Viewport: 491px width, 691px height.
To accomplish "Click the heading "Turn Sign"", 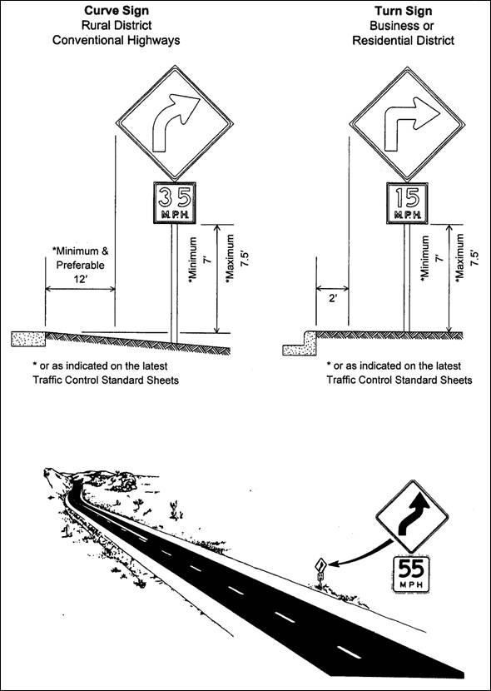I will pos(405,11).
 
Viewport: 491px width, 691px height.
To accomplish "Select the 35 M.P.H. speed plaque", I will pos(172,201).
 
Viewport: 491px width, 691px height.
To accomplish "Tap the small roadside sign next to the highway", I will pos(318,570).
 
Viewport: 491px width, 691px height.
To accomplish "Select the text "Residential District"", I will pos(405,39).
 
